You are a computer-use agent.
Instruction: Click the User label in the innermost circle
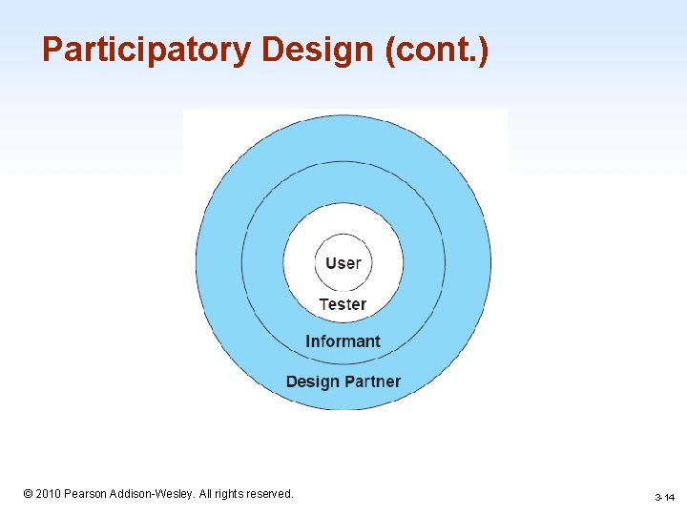pos(343,262)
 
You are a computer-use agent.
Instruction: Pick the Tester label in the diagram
pos(343,304)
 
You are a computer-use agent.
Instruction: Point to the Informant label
pos(343,341)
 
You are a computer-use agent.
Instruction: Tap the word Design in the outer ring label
pos(312,381)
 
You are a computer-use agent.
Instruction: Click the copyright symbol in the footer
pos(28,494)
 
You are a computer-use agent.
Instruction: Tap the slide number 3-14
pos(664,498)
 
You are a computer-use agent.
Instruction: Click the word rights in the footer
pos(232,494)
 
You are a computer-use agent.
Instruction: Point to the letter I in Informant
pos(308,341)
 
